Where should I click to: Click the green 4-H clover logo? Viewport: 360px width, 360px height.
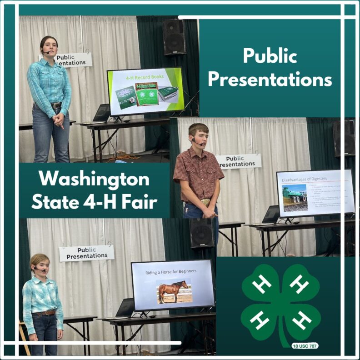280,303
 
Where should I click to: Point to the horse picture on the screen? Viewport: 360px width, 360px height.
173,291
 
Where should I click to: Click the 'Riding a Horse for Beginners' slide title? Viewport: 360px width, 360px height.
171,271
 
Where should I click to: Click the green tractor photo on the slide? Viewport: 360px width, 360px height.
294,197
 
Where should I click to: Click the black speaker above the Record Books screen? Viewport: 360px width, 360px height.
174,37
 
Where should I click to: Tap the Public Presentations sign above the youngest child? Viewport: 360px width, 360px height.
86,253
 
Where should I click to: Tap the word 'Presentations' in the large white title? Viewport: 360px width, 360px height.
270,80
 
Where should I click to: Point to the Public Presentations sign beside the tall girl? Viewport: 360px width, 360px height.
73,59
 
